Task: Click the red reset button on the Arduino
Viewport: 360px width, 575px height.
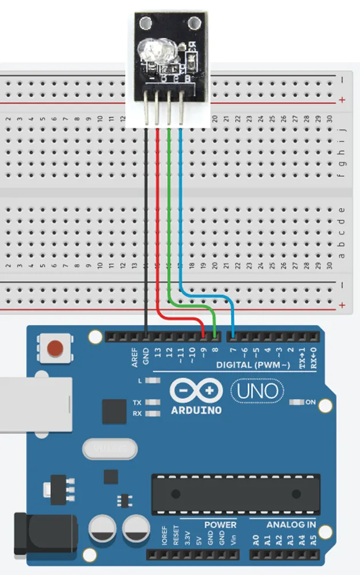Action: [55, 348]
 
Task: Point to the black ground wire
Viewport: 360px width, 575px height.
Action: [145, 230]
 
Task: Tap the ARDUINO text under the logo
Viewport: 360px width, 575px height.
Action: [196, 410]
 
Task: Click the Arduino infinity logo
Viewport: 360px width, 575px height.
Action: [196, 391]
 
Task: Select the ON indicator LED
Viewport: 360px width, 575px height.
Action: [297, 402]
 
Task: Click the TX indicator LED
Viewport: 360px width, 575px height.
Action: [153, 402]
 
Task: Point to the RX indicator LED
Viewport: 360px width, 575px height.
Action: [153, 413]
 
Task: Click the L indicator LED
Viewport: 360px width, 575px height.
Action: [153, 380]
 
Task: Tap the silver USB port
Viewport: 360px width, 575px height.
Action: [34, 404]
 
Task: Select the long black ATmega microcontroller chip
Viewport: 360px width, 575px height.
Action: [235, 494]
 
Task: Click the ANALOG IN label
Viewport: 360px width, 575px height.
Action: [291, 525]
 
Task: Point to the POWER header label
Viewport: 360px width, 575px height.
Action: [220, 525]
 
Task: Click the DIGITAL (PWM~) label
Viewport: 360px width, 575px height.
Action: [250, 365]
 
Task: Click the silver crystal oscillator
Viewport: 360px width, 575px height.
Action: [110, 446]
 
